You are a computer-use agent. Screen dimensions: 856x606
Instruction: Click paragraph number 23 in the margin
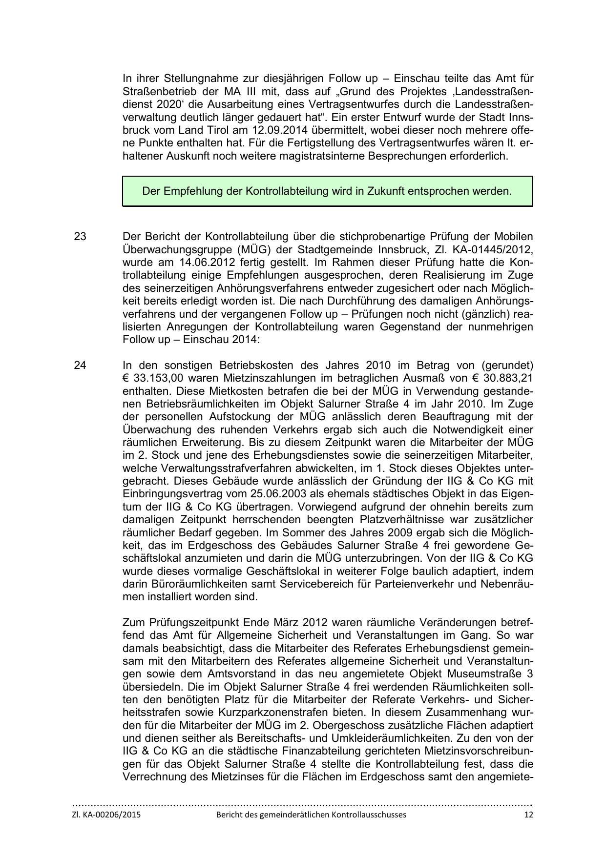tap(80, 237)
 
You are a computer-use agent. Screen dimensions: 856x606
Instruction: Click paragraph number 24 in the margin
tap(80, 365)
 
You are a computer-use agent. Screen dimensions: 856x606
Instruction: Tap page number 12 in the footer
tap(528, 815)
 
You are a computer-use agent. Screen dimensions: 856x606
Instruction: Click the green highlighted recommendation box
tap(327, 191)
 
